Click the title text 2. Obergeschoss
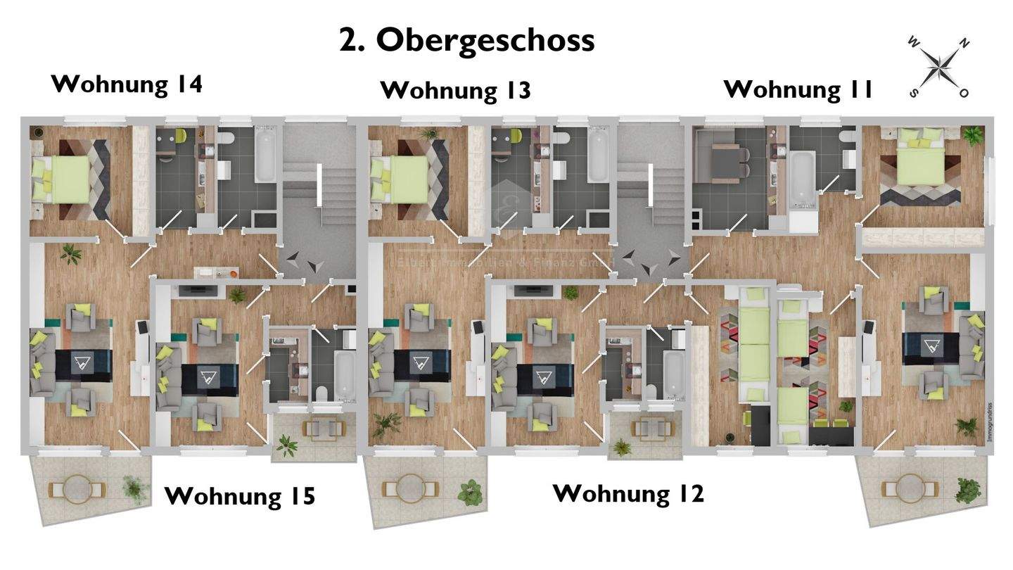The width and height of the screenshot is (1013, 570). [466, 41]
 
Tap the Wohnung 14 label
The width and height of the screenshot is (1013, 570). [127, 84]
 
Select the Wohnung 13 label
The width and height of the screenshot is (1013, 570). [455, 91]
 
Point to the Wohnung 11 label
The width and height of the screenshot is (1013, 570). [798, 89]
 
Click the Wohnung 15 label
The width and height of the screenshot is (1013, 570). [240, 496]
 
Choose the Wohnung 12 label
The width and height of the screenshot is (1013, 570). [628, 493]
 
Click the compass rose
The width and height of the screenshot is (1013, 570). [939, 68]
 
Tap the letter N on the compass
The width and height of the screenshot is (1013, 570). [964, 44]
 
